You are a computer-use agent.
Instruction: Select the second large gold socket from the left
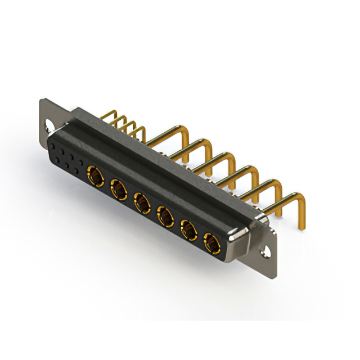(119, 190)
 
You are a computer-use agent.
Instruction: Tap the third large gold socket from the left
(142, 202)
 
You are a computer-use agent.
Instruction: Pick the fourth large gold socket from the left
(165, 215)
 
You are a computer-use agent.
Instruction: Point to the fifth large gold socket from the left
(188, 229)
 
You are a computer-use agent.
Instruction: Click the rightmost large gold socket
(211, 243)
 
